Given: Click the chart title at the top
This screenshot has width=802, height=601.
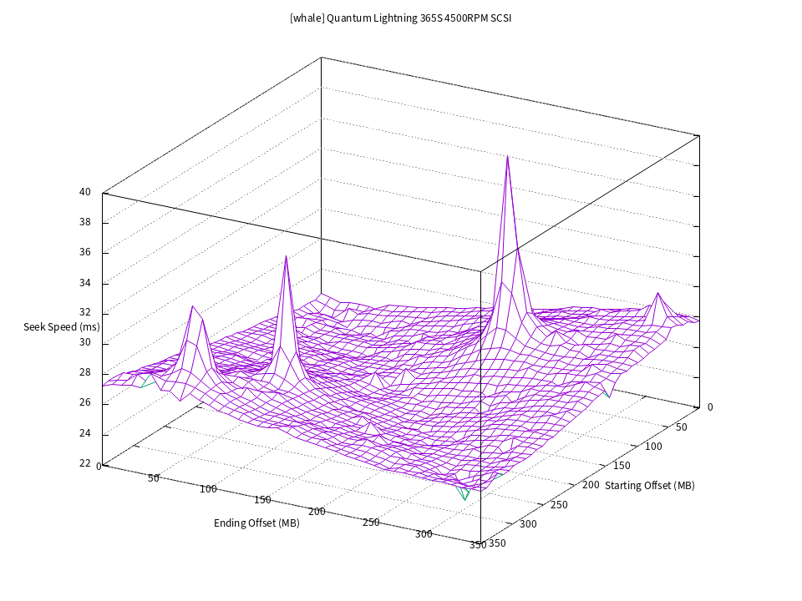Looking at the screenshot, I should tap(400, 18).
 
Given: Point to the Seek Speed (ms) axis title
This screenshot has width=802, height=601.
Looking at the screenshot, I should tap(61, 326).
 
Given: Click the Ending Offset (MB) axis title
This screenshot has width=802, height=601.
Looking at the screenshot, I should tap(256, 523).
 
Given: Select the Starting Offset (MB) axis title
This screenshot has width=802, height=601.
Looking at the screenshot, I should tap(649, 485).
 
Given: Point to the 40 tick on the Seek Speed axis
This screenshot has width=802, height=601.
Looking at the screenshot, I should tap(85, 192).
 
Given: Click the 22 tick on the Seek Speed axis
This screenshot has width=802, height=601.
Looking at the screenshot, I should tap(85, 463).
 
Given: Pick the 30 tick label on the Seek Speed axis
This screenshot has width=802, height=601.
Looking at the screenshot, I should tap(85, 342).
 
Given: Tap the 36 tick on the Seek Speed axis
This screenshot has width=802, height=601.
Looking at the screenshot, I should tap(85, 252).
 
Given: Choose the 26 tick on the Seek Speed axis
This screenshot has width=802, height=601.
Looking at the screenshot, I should tap(85, 402).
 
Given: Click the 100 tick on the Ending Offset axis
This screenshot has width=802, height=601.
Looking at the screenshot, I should tap(208, 488).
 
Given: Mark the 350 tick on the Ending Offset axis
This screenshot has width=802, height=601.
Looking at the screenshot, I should tap(478, 545).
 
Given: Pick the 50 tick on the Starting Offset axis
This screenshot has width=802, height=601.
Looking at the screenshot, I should tap(681, 427).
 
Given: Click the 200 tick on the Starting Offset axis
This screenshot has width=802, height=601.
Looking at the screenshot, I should tap(591, 485).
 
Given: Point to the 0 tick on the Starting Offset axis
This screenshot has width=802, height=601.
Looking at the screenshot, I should tap(710, 407).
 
